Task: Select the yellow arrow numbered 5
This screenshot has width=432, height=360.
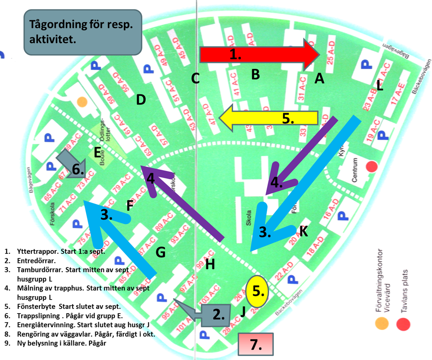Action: pyautogui.click(x=269, y=118)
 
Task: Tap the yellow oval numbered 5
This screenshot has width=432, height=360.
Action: pyautogui.click(x=257, y=291)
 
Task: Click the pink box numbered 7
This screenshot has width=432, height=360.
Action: pyautogui.click(x=256, y=344)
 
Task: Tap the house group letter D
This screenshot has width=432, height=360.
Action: pyautogui.click(x=141, y=100)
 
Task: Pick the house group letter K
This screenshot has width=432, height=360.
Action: pyautogui.click(x=304, y=231)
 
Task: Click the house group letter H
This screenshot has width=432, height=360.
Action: pyautogui.click(x=210, y=264)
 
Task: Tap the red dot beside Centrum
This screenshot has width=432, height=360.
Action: pyautogui.click(x=372, y=167)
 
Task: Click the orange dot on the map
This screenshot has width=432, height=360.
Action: pyautogui.click(x=82, y=101)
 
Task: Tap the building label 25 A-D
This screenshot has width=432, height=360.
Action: pyautogui.click(x=330, y=50)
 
